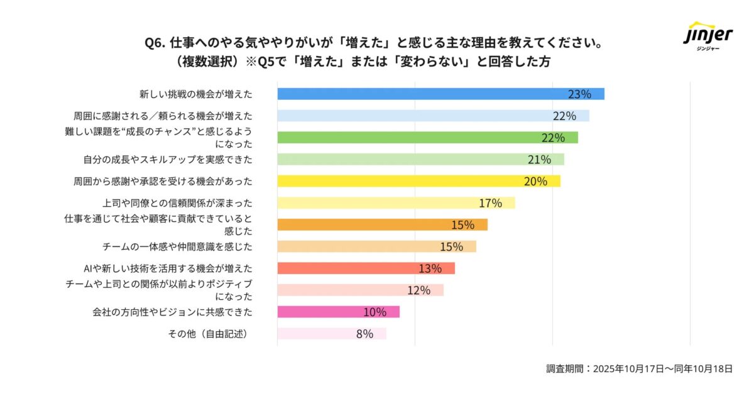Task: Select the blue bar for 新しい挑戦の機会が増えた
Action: coord(440,94)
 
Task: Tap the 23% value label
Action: coord(579,94)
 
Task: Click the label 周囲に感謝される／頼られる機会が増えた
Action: coord(163,116)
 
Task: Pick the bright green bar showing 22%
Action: coord(427,138)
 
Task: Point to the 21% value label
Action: coord(539,160)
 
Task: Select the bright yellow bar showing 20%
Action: coord(418,181)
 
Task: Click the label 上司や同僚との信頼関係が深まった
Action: coord(177,203)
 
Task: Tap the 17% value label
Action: coord(490,203)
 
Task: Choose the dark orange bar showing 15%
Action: coord(382,225)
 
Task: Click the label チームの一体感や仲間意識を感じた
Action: coord(177,246)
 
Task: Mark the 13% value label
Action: coord(430,268)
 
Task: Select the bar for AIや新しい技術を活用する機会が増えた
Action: coord(366,268)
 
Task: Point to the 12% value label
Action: coord(418,290)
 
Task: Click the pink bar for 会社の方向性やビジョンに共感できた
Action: coord(338,312)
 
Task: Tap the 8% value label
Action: coord(364,334)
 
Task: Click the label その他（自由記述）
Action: coord(207,334)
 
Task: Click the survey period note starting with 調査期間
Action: coord(639,369)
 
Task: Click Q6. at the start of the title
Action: coord(155,43)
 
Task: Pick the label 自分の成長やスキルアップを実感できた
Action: coord(168,160)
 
